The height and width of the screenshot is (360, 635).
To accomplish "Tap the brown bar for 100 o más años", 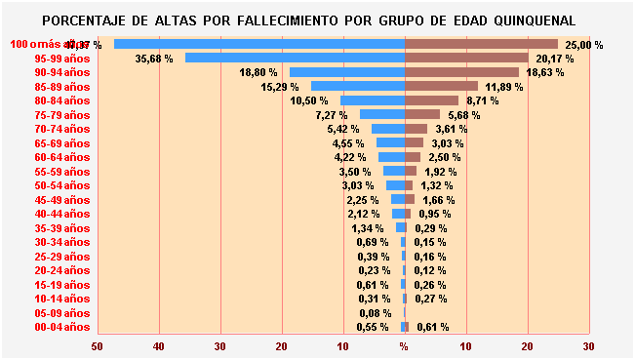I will click(481, 44).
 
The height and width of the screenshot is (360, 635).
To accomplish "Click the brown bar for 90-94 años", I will click(461, 72).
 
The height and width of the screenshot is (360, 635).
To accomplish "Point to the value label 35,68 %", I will click(154, 59).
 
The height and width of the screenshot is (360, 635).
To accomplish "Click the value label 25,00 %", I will click(584, 45).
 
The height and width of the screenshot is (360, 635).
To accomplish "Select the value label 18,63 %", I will click(545, 73).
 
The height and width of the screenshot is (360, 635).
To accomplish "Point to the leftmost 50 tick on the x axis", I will click(97, 346).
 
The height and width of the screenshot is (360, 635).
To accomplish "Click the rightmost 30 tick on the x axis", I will click(588, 346).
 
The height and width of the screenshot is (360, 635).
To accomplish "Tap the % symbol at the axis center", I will click(404, 346).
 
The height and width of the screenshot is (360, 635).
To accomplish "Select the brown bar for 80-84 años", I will click(431, 100).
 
